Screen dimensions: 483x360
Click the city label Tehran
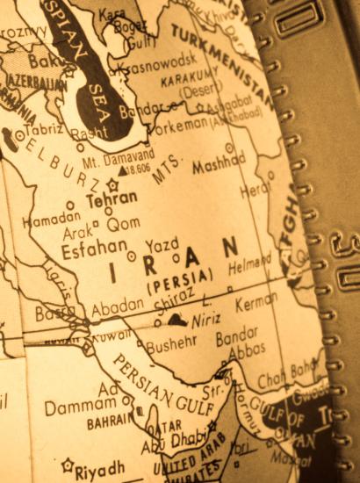point(112,199)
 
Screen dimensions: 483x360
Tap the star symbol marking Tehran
point(112,184)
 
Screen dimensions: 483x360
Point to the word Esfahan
point(94,249)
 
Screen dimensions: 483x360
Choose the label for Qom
point(124,223)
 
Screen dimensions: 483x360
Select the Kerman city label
point(256,303)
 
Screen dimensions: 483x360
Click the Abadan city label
point(116,305)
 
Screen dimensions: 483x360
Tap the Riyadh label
point(100,466)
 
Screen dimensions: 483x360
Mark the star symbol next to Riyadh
point(67,465)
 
